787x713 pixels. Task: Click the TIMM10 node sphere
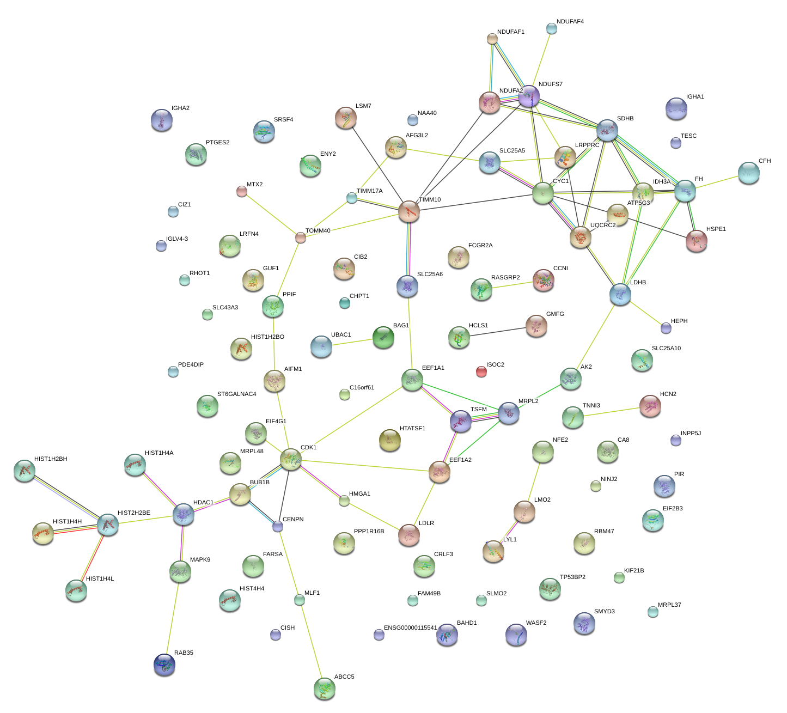[x=409, y=211]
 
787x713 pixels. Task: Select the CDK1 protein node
[x=291, y=459]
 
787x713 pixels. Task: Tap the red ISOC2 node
[x=481, y=371]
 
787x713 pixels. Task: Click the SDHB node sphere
[x=607, y=130]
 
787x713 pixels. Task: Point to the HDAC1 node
[x=183, y=514]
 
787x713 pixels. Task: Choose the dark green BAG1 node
[x=383, y=338]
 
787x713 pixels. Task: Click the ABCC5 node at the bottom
[x=325, y=688]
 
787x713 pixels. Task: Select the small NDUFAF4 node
[x=552, y=28]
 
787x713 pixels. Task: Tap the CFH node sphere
[x=749, y=173]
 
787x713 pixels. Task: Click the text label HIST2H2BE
[x=134, y=513]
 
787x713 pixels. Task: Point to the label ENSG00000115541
[x=410, y=628]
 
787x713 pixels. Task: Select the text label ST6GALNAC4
[x=236, y=394]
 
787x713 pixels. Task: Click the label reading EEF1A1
[x=433, y=368]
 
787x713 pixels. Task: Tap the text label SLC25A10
[x=666, y=349]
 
